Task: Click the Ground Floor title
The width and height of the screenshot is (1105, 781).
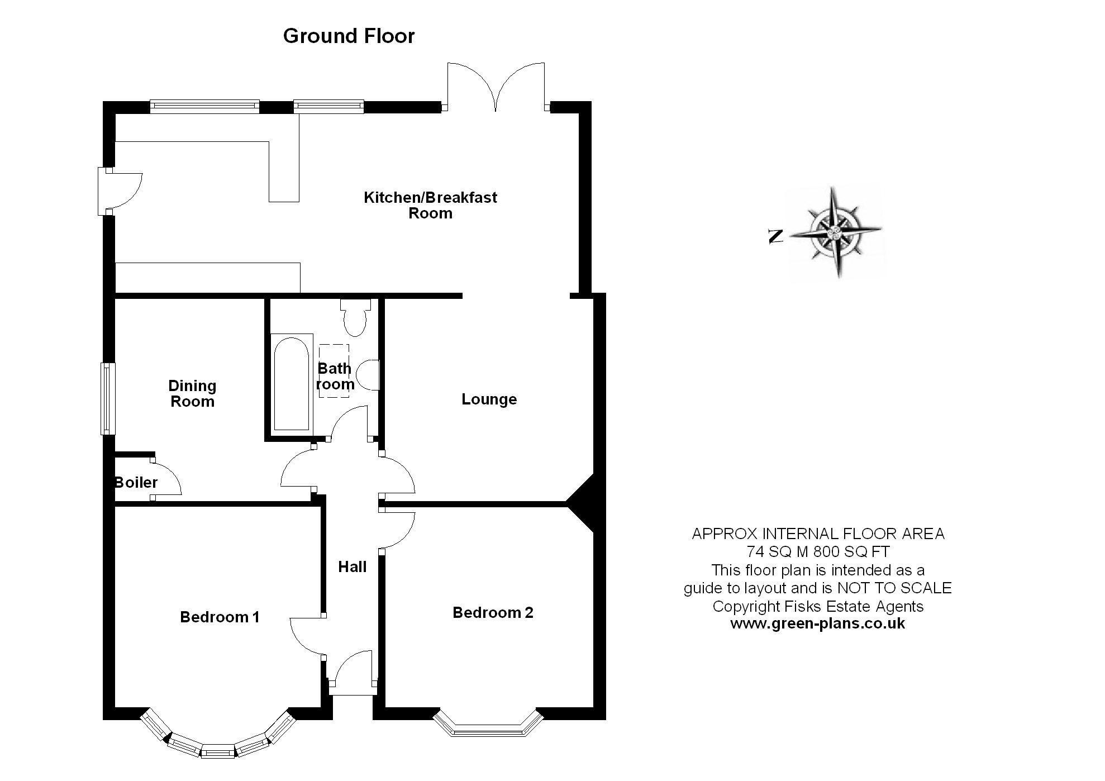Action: tap(349, 36)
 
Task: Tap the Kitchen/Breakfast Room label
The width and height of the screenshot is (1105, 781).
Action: tap(430, 205)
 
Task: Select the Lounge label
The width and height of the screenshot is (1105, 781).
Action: tap(489, 399)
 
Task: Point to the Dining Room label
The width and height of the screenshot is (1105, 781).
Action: tap(192, 393)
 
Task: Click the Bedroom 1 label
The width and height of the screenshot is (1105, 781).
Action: tap(220, 617)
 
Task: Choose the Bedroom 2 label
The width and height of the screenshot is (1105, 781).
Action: tap(493, 612)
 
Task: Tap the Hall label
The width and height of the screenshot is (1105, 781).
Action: tap(352, 566)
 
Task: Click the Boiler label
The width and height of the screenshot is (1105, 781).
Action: tap(136, 482)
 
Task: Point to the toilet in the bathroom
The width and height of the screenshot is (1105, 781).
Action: tap(355, 317)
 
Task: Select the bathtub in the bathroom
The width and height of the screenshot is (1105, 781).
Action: tap(291, 383)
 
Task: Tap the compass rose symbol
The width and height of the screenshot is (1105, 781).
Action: tap(836, 232)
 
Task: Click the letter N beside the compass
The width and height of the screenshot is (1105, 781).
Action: tap(775, 236)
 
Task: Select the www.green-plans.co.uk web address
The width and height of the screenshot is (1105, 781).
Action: tap(817, 623)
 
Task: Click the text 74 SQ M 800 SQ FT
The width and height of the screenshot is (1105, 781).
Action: tap(818, 551)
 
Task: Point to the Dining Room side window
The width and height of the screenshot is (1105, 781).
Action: tap(107, 398)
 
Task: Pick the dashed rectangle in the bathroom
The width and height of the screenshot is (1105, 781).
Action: tap(334, 371)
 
